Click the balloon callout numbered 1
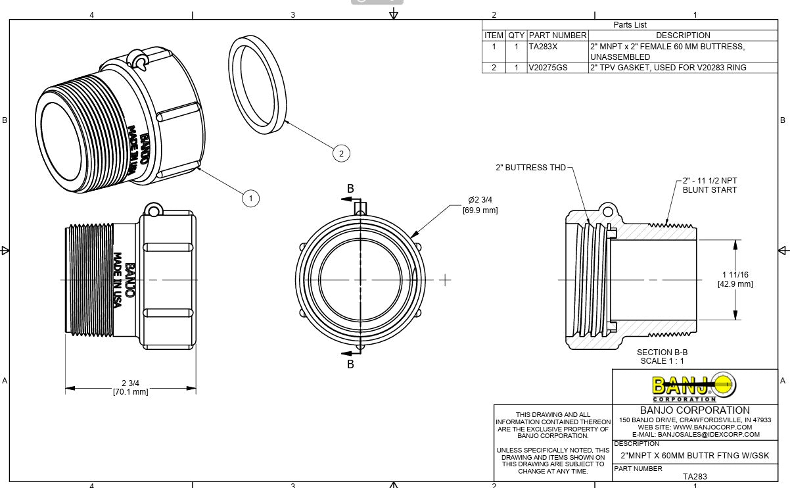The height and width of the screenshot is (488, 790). point(250,197)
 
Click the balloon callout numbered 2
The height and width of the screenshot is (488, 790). point(341,154)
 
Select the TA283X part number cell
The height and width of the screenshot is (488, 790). point(543,47)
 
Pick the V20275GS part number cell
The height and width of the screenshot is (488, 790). point(547,67)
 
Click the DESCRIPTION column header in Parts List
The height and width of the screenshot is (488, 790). point(683,36)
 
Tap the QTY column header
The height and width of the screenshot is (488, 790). point(516,36)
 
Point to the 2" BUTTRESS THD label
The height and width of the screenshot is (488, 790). point(530,168)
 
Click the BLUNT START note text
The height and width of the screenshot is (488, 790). point(709,190)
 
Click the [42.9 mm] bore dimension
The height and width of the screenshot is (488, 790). point(735,284)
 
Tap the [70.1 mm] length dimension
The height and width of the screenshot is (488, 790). point(130,392)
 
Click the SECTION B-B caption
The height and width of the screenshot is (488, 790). point(662,353)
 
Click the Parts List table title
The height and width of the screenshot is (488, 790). point(630,25)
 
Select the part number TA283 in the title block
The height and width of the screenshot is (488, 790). point(695,477)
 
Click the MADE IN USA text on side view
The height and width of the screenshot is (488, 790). point(118,280)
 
